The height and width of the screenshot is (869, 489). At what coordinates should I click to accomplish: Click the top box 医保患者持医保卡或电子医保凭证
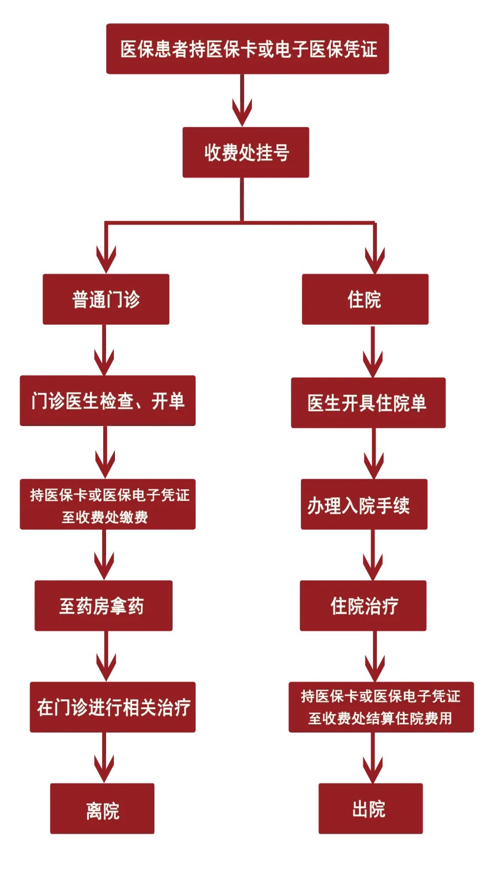248,49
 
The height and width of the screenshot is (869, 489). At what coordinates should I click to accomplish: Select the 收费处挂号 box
246,153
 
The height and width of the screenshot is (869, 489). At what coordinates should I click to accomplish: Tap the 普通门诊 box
106,299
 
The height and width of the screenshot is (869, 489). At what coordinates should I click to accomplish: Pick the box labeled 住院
365,299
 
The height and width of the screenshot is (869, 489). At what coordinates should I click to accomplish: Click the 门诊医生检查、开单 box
108,401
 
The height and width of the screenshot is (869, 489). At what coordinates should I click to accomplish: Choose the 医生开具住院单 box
368,403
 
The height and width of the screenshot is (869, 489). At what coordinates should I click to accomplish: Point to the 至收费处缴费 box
108,504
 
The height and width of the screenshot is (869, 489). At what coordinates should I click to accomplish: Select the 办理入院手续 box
364,504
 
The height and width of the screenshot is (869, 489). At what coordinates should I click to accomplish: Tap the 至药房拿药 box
103,606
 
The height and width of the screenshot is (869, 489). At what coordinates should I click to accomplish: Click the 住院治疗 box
363,606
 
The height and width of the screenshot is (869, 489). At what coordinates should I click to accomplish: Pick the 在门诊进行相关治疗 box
113,707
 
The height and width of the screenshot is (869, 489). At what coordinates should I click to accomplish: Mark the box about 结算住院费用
381,707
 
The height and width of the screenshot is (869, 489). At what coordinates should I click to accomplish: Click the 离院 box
102,809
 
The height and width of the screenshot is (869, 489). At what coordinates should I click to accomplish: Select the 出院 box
370,809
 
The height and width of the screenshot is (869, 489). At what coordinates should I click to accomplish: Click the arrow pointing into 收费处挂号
242,106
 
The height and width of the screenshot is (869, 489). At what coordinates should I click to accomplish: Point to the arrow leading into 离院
104,763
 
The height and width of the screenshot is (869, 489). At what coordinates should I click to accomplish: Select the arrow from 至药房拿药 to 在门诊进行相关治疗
106,661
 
